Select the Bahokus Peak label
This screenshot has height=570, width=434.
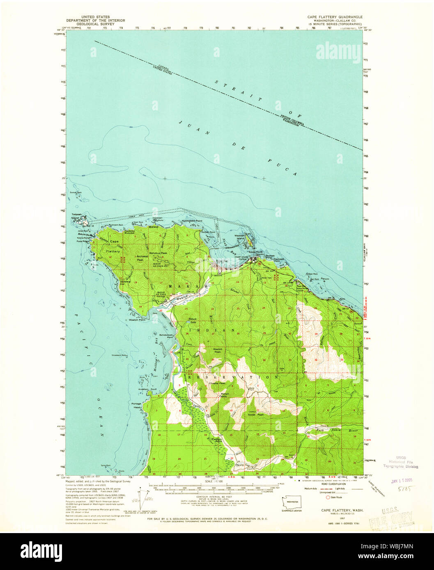[158, 253]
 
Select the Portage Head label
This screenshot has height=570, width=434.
[136, 406]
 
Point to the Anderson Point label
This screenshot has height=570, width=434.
[149, 389]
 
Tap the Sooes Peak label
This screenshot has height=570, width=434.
[243, 414]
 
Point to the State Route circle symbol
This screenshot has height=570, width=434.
[328, 497]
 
